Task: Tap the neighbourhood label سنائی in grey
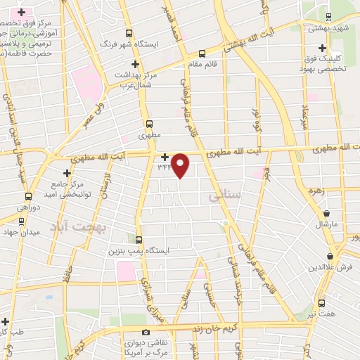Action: tap(224, 196)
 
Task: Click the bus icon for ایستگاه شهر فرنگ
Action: tap(129, 32)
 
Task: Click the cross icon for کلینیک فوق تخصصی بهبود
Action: tap(322, 49)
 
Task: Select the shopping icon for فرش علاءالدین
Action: tap(330, 257)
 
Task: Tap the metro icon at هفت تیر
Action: tap(322, 303)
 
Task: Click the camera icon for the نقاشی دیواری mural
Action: tap(146, 332)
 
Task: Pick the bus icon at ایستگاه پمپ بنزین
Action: tap(139, 239)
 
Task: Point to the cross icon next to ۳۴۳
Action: tap(165, 157)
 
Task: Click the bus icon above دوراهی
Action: tap(28, 196)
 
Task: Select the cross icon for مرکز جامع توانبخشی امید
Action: tap(67, 172)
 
